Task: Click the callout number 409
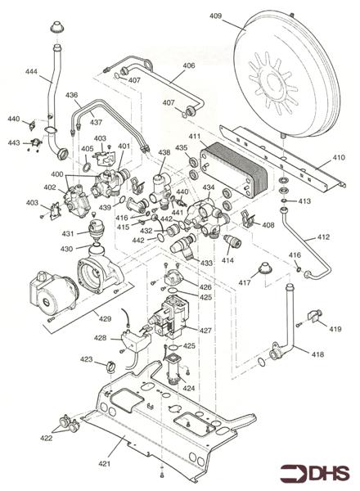coord(215,16)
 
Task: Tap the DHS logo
coord(315,473)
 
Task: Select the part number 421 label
coord(105,463)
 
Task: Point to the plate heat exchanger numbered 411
coord(234,169)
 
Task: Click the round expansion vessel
coord(286,75)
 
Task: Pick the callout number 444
coord(31,72)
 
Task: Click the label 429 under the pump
coord(106,319)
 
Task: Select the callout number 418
coord(317,354)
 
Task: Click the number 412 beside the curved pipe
coord(323,237)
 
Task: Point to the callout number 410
coord(339,157)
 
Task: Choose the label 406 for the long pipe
coord(189,65)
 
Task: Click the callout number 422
coord(47,438)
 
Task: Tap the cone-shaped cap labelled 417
coord(265,269)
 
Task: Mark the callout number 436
coord(71,95)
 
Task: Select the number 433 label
coord(206,263)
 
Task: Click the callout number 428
coord(100,338)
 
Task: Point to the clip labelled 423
coord(110,367)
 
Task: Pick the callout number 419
coord(335,329)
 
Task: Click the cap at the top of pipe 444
coord(57,27)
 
